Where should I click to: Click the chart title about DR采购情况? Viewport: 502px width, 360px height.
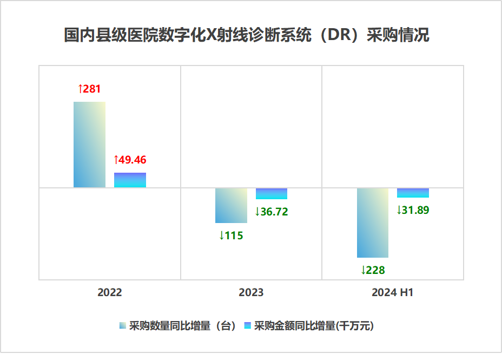pyautogui.click(x=247, y=35)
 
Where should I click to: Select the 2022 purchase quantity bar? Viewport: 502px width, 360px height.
pyautogui.click(x=89, y=145)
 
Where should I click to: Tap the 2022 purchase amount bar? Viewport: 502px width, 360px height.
pyautogui.click(x=130, y=180)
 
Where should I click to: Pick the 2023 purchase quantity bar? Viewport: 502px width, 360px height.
pyautogui.click(x=231, y=205)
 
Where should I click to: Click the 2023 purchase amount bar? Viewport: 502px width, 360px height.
pyautogui.click(x=272, y=193)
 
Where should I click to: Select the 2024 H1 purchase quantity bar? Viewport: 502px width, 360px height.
pyautogui.click(x=373, y=222)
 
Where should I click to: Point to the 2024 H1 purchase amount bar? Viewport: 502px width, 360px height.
pyautogui.click(x=413, y=193)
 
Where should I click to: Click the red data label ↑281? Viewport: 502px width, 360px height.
pyautogui.click(x=89, y=89)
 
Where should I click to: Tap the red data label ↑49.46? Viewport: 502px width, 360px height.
pyautogui.click(x=130, y=160)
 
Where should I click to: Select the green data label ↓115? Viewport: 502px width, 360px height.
pyautogui.click(x=231, y=235)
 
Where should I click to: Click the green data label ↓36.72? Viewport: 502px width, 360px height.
pyautogui.click(x=272, y=212)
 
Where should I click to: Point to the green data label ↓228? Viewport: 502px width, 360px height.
pyautogui.click(x=373, y=270)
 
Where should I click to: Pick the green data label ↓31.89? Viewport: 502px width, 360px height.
pyautogui.click(x=413, y=210)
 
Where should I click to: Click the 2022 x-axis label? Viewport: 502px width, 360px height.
pyautogui.click(x=110, y=293)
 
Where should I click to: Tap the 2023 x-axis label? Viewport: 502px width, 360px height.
pyautogui.click(x=251, y=293)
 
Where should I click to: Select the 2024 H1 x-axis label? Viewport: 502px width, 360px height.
pyautogui.click(x=393, y=293)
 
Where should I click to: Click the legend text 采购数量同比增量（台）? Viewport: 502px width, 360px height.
pyautogui.click(x=183, y=326)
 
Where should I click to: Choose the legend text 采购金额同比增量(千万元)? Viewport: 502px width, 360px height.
pyautogui.click(x=314, y=326)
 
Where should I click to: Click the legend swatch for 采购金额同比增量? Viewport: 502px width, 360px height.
pyautogui.click(x=248, y=326)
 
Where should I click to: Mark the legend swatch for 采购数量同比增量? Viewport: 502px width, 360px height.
pyautogui.click(x=123, y=326)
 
